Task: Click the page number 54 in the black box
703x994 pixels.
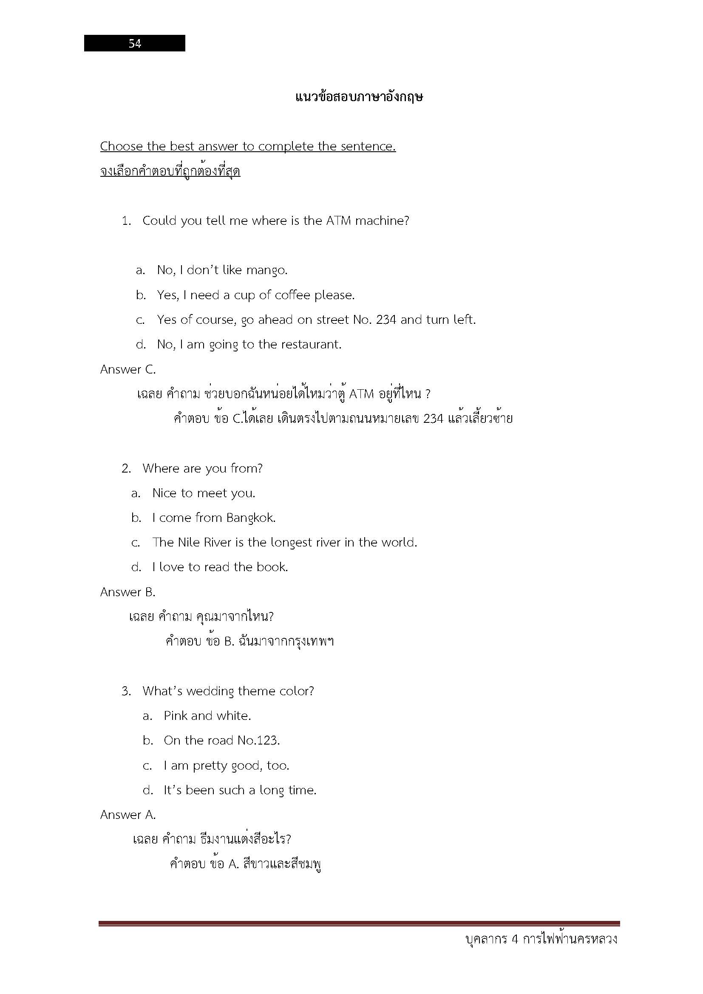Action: [135, 43]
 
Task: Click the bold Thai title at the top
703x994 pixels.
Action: [359, 97]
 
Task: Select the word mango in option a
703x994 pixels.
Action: [266, 270]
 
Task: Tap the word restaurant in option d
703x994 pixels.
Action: [310, 344]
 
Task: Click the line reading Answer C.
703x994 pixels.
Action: [128, 369]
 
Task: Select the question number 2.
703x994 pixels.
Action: [126, 468]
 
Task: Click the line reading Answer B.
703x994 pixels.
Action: [128, 592]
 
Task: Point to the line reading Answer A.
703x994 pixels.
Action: [128, 815]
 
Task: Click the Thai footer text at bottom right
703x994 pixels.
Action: [541, 939]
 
